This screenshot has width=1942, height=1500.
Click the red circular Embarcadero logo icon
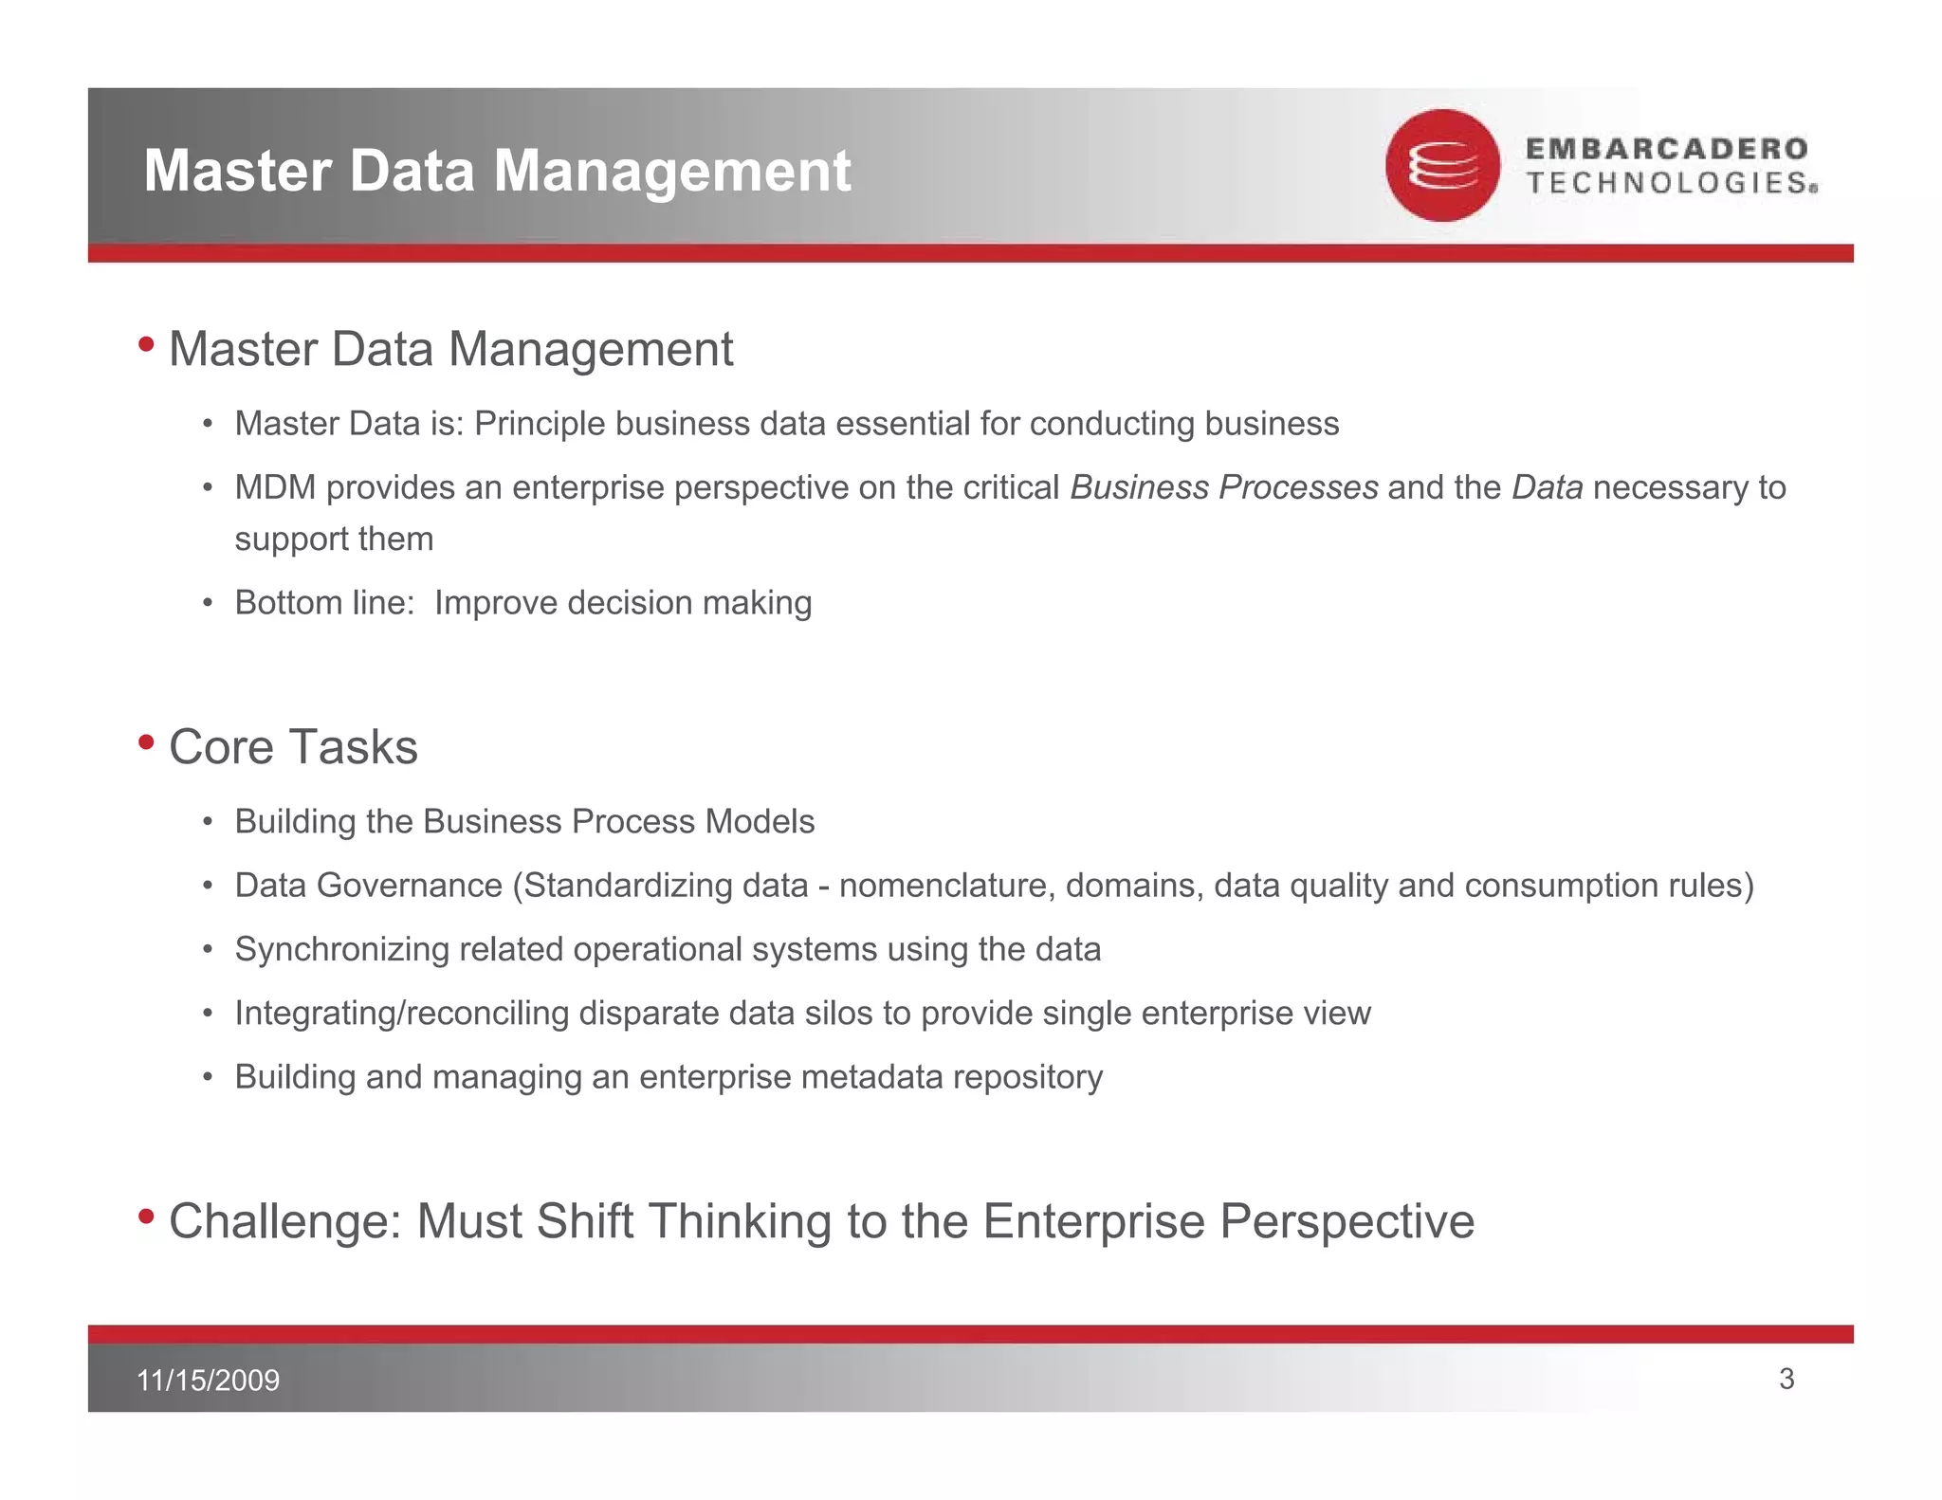pyautogui.click(x=1442, y=166)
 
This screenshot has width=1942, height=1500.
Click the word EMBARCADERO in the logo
pyautogui.click(x=1666, y=149)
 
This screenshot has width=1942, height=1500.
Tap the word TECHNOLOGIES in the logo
pyautogui.click(x=1670, y=183)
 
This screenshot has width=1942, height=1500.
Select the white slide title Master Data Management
pyautogui.click(x=497, y=171)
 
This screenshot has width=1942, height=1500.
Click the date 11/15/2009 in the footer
pyautogui.click(x=208, y=1380)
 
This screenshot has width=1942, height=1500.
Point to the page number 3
pyautogui.click(x=1786, y=1379)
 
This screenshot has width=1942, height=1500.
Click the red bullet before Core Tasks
pyautogui.click(x=146, y=741)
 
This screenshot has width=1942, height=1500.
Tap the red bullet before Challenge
pyautogui.click(x=146, y=1216)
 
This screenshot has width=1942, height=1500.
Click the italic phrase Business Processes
pyautogui.click(x=1223, y=487)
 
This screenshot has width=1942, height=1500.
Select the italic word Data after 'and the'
pyautogui.click(x=1547, y=487)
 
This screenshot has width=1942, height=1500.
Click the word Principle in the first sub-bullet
pyautogui.click(x=539, y=424)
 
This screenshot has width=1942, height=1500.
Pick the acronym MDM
pyautogui.click(x=275, y=487)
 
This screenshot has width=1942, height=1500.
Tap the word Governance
pyautogui.click(x=410, y=886)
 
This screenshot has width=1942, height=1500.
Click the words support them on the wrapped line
pyautogui.click(x=334, y=539)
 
